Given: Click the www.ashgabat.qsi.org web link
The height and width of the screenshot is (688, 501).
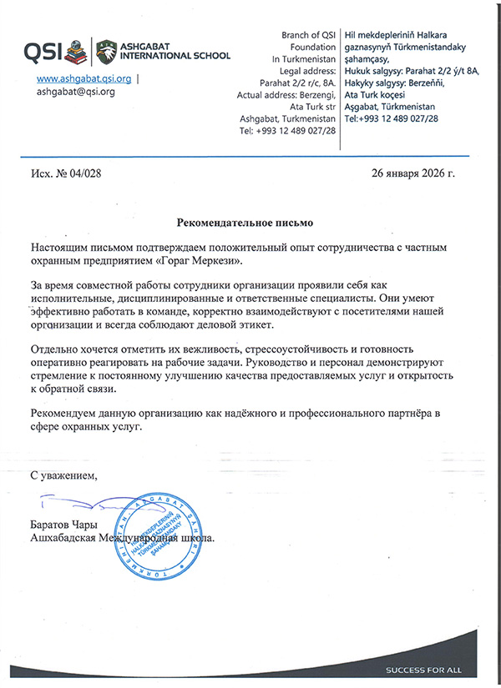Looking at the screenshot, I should [84, 78].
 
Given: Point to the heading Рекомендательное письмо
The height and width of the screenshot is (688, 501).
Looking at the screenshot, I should [247, 223].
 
